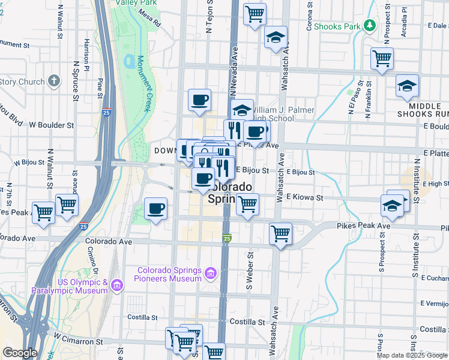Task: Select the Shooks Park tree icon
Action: (x=370, y=25)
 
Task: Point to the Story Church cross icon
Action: (x=54, y=81)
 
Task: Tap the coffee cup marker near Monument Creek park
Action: (x=156, y=209)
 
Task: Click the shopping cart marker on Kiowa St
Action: (x=247, y=205)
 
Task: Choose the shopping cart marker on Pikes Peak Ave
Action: (x=280, y=233)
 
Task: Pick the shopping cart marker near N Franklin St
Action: (x=382, y=59)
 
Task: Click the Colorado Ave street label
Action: (x=108, y=242)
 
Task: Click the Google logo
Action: (x=20, y=353)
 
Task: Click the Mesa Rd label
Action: (x=149, y=21)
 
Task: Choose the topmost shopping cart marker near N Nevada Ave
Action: (x=255, y=14)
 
